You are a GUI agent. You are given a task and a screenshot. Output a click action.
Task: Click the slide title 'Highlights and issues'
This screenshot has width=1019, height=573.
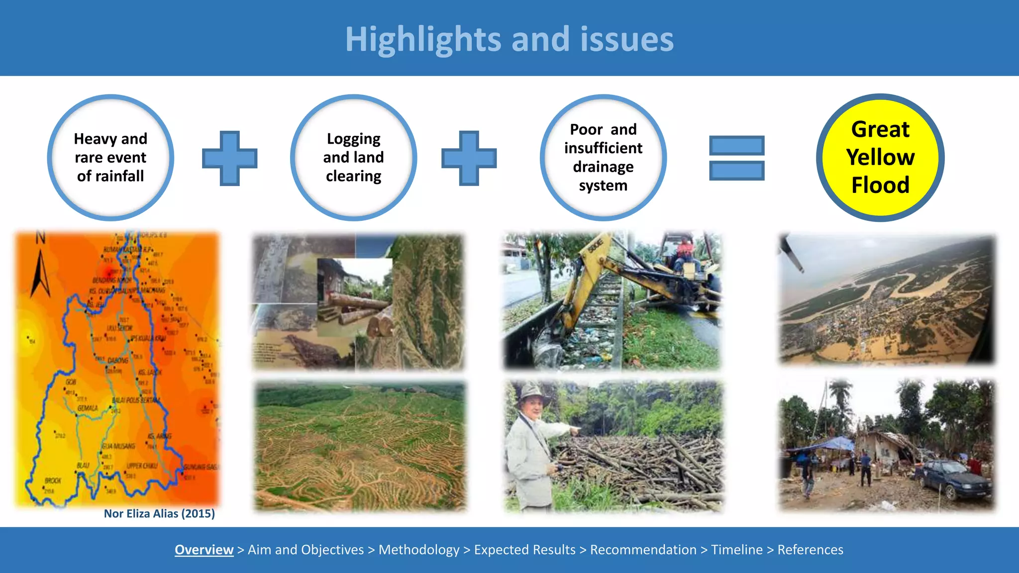coord(509,39)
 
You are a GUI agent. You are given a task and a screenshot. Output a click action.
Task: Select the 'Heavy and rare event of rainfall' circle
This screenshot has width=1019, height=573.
coord(110,157)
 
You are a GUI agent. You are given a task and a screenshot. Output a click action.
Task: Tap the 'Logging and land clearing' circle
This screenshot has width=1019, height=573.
coord(353,157)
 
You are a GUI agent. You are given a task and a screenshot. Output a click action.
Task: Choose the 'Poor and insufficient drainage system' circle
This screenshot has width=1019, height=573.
coord(603,157)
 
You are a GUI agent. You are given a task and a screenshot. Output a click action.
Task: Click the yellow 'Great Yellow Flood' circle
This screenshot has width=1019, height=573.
coord(880,157)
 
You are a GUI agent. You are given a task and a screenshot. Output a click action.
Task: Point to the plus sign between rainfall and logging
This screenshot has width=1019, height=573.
coord(229,158)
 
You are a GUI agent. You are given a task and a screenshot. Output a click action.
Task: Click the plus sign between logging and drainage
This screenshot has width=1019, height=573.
coord(469,158)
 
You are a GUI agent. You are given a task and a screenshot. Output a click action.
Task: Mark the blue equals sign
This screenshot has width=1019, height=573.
coord(736,158)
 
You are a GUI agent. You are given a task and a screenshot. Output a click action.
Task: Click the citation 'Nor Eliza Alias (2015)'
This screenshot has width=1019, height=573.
coord(159,513)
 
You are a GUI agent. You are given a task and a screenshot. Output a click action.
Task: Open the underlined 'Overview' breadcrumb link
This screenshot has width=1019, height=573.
coord(204,550)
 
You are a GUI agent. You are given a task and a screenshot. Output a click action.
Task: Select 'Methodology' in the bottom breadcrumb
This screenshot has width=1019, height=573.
coord(419,550)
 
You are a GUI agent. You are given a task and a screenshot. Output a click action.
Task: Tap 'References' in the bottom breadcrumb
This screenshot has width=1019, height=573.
coord(810,550)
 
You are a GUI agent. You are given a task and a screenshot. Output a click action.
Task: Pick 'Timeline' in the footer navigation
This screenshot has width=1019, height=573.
coord(736,550)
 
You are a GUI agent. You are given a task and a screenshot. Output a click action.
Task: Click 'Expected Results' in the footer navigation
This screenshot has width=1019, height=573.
coord(524,550)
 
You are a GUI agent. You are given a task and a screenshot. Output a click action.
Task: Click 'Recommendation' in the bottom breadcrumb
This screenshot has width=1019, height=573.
coord(643,550)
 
